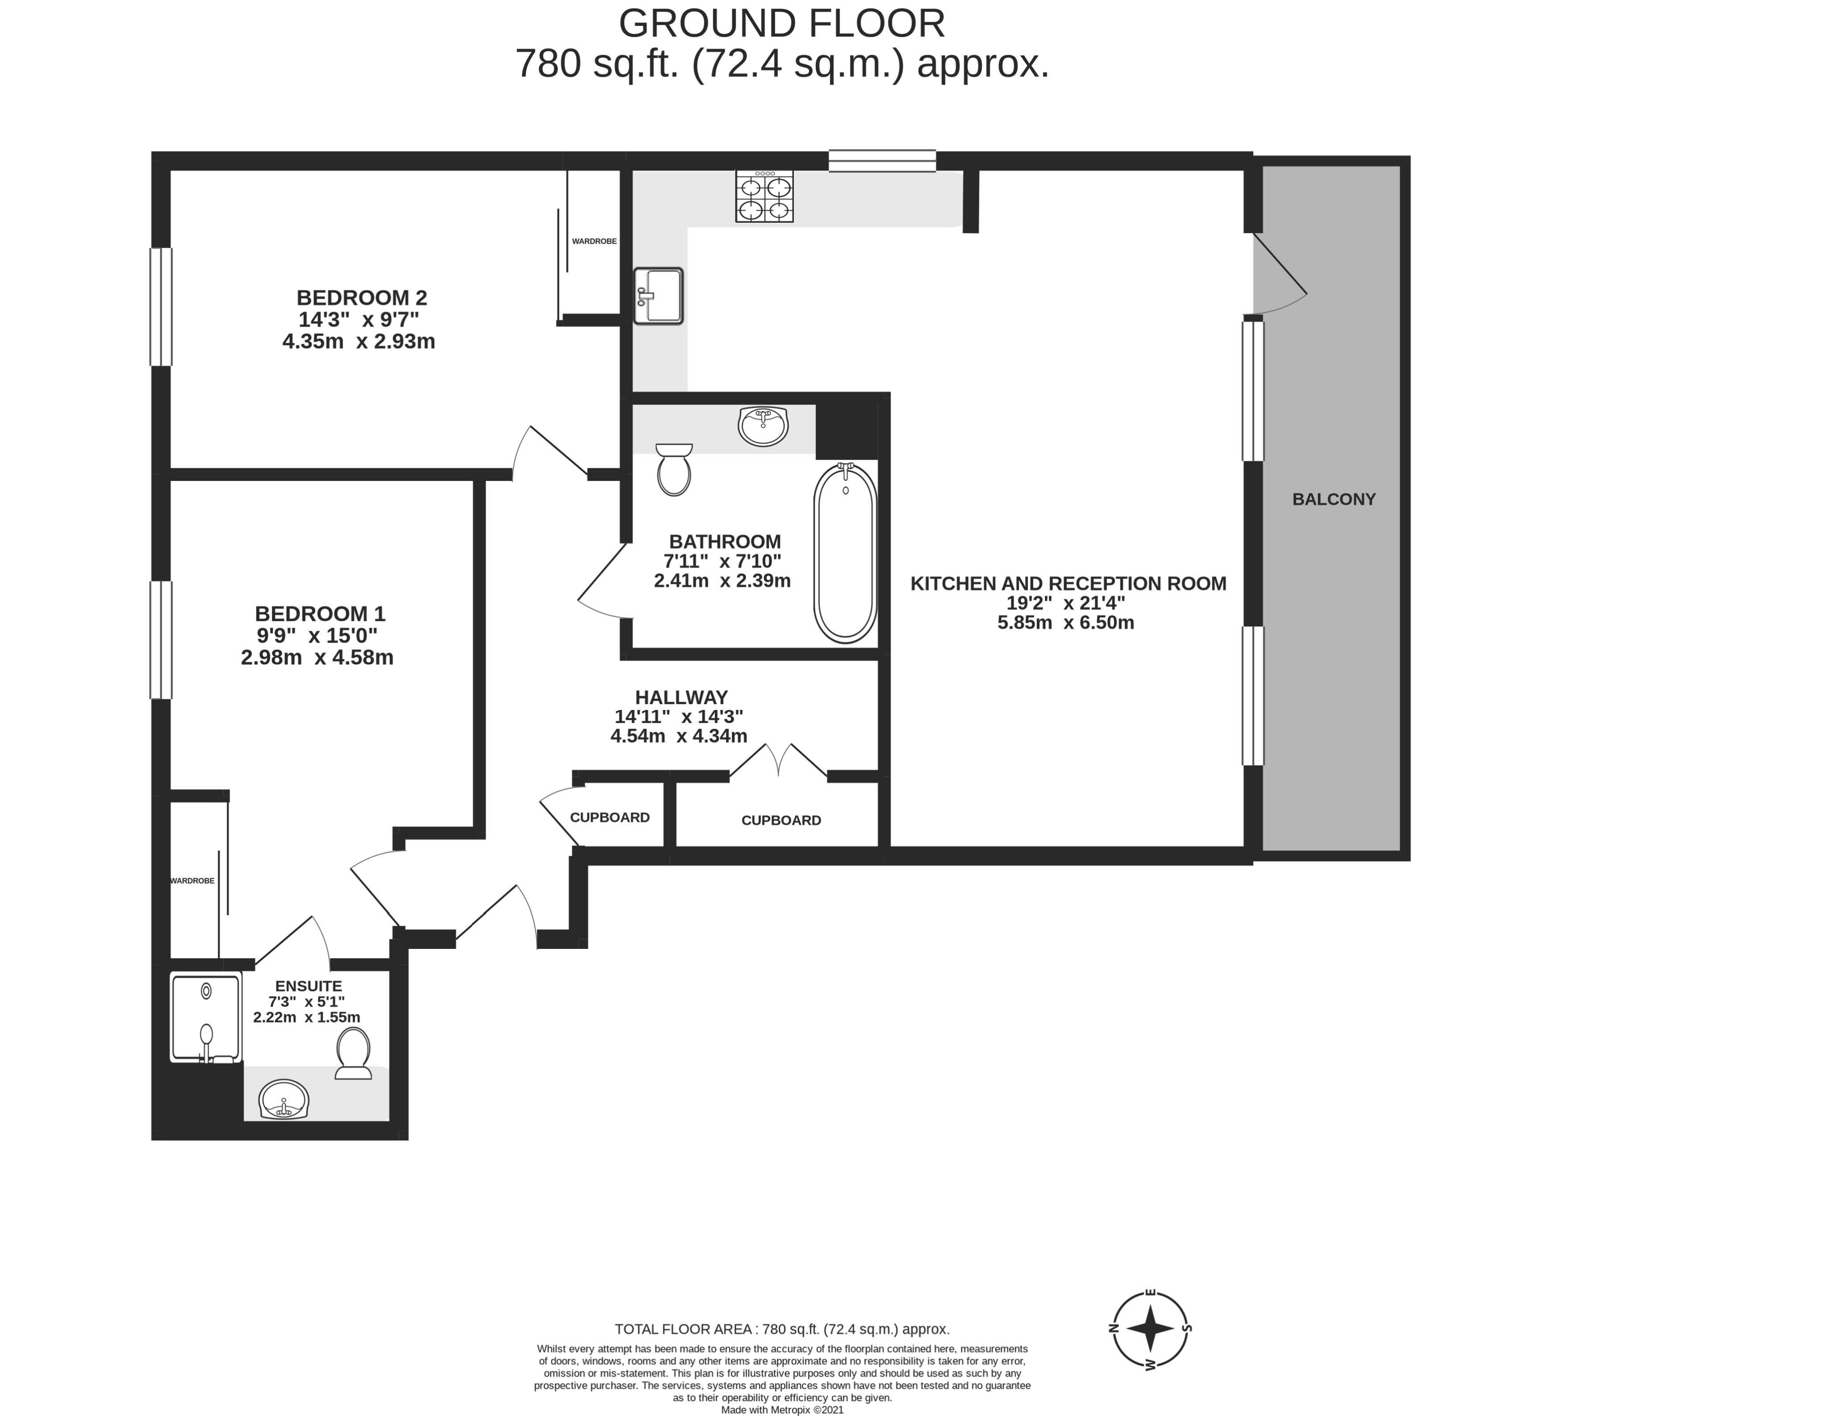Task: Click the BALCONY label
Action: [x=1334, y=499]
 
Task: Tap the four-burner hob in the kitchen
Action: [x=764, y=196]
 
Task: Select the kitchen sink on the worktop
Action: [x=658, y=295]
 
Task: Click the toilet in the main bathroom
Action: [x=674, y=470]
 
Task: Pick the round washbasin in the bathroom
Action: [x=763, y=426]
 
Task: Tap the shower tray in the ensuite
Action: [x=205, y=1016]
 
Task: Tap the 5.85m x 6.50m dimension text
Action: [x=1065, y=622]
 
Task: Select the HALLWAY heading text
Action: [x=681, y=697]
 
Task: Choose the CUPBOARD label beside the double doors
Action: [x=781, y=821]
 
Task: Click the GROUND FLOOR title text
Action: [x=782, y=23]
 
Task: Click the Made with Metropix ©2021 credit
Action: [x=782, y=1410]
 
